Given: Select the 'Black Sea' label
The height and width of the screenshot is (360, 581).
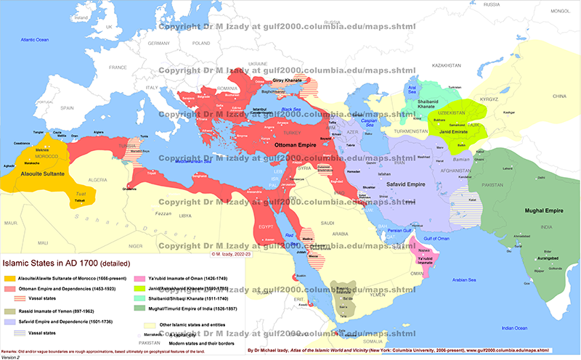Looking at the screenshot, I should pyautogui.click(x=293, y=109).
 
